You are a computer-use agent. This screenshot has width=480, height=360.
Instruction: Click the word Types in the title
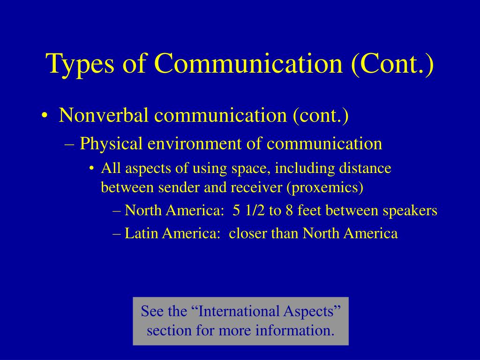80,63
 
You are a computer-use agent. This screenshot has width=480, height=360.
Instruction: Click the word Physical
111,143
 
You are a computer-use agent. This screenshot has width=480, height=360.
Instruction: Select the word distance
365,168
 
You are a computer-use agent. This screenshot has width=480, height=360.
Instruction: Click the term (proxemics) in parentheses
325,188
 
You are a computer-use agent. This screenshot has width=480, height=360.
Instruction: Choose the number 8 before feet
289,210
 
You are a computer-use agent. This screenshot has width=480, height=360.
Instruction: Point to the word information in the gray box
295,330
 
